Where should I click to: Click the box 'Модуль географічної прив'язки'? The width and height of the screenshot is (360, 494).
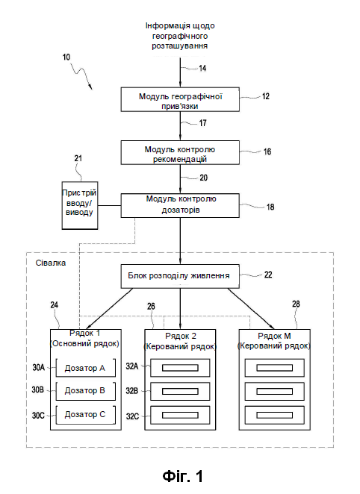[x=180, y=99]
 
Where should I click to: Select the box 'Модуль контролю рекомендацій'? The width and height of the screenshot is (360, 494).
[x=180, y=153]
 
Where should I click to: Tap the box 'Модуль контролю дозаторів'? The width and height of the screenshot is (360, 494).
[x=180, y=206]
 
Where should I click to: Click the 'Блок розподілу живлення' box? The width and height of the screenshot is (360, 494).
[x=180, y=276]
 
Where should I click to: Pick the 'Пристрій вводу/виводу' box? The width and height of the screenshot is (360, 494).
[x=80, y=205]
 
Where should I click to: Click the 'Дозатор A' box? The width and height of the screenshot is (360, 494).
[x=85, y=368]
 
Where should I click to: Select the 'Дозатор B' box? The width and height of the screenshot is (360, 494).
[x=85, y=391]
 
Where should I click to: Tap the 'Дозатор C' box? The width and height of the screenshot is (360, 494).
[x=85, y=415]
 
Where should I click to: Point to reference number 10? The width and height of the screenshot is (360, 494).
[x=66, y=57]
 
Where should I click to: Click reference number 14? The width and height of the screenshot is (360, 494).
[x=202, y=68]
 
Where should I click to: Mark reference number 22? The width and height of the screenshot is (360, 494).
[x=268, y=275]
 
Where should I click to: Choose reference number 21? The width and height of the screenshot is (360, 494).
[x=78, y=158]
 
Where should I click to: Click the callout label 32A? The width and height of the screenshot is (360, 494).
[x=132, y=366]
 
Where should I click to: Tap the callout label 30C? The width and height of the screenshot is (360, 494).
[x=38, y=416]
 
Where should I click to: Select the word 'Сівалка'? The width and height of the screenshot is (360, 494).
[x=51, y=263]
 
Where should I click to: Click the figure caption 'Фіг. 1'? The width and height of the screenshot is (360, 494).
[x=183, y=476]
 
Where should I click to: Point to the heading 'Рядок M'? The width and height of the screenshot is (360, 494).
[x=274, y=336]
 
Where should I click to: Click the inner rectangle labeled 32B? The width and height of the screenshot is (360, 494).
[x=180, y=392]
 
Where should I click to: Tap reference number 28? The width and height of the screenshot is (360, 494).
[x=296, y=304]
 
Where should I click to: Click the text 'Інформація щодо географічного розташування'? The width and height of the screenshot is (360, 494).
[x=180, y=36]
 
